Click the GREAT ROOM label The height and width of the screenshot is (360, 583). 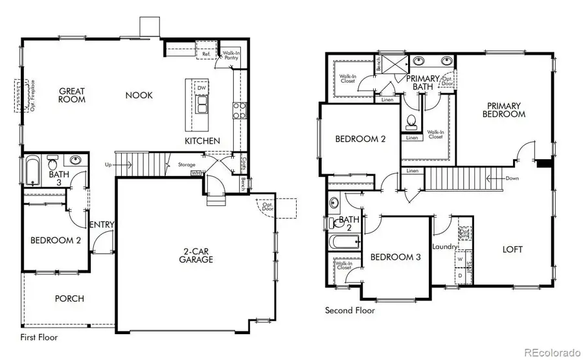pyautogui.click(x=73, y=95)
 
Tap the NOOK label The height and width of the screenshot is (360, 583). pyautogui.click(x=139, y=95)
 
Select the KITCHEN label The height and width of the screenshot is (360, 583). pyautogui.click(x=202, y=141)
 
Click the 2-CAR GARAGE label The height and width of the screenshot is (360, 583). pyautogui.click(x=197, y=255)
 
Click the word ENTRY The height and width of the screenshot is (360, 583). pyautogui.click(x=102, y=225)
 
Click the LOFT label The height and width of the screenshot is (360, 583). pyautogui.click(x=512, y=249)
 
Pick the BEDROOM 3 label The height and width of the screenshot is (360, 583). pyautogui.click(x=395, y=257)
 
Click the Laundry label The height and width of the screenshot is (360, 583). pyautogui.click(x=444, y=246)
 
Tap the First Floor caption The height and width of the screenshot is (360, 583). pyautogui.click(x=38, y=337)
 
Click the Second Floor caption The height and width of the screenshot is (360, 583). pyautogui.click(x=350, y=311)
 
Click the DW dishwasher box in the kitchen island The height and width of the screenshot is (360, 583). pyautogui.click(x=201, y=87)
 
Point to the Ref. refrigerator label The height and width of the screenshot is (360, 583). pyautogui.click(x=206, y=54)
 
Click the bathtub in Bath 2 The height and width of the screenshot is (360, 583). pyautogui.click(x=344, y=243)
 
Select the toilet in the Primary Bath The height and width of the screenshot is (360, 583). pyautogui.click(x=411, y=121)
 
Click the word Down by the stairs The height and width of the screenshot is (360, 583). pyautogui.click(x=512, y=177)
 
